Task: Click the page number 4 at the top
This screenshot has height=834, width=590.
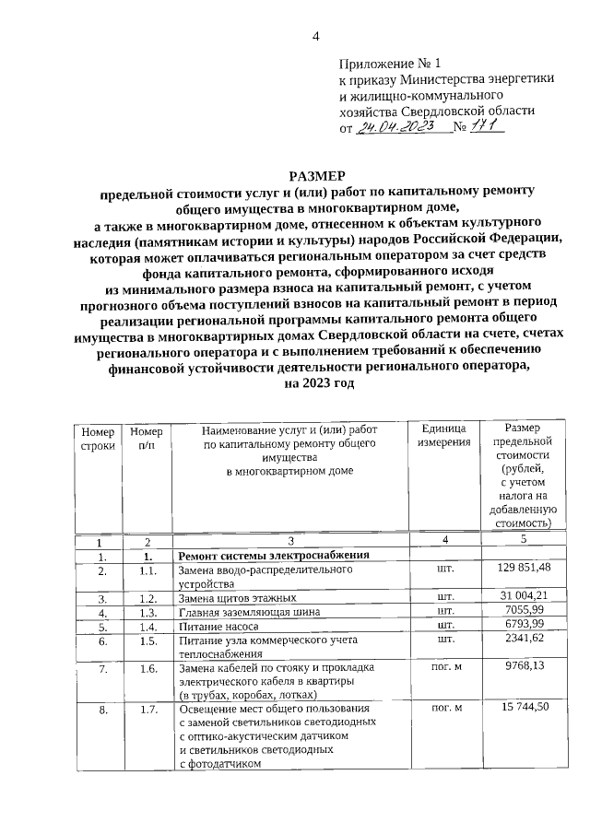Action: pyautogui.click(x=314, y=36)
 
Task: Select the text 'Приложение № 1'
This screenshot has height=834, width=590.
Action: pyautogui.click(x=391, y=65)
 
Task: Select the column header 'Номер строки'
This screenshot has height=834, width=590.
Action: pyautogui.click(x=99, y=438)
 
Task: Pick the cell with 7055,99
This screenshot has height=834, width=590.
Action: pyautogui.click(x=523, y=611)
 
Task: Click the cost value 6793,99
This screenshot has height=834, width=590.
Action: pyautogui.click(x=523, y=625)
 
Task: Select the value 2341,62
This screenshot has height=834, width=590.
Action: pyautogui.click(x=523, y=639)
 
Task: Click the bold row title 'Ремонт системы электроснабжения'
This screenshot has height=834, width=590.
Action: pyautogui.click(x=273, y=556)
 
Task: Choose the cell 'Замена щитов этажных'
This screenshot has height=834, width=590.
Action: pyautogui.click(x=236, y=597)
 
